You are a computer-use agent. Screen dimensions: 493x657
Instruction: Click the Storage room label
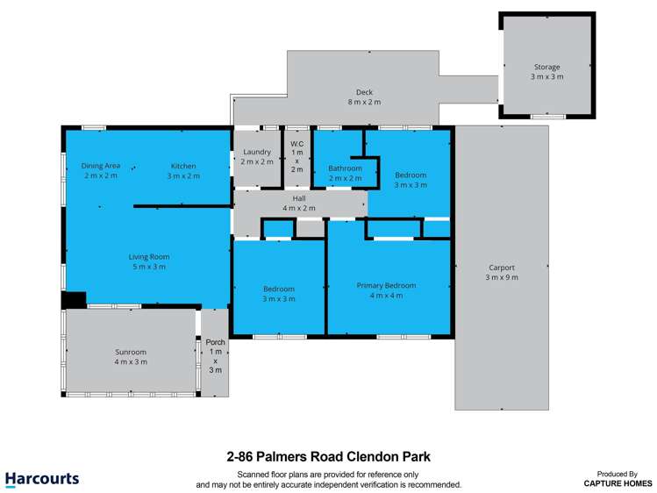[x=546, y=68]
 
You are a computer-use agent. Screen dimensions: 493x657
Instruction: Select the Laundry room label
[x=256, y=152]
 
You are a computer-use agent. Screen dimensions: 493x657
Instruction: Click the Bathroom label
[x=345, y=168]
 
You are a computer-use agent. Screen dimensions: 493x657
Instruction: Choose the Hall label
[x=299, y=198]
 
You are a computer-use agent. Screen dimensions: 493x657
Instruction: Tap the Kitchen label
[x=183, y=166]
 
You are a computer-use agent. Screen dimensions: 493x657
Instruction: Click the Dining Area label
[x=101, y=166]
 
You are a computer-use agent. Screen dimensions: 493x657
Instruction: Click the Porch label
[x=215, y=342]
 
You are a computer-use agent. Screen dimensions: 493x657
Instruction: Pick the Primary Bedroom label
[x=386, y=285]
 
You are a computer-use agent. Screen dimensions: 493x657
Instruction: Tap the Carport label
[x=502, y=268]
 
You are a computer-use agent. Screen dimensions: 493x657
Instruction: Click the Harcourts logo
[x=41, y=479]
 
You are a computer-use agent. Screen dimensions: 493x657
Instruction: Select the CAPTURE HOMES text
[x=618, y=483]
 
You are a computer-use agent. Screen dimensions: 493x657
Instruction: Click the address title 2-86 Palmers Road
[x=328, y=456]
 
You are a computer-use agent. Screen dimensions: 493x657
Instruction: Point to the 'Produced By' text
[x=618, y=473]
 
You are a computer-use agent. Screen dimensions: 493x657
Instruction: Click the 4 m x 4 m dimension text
[x=386, y=296]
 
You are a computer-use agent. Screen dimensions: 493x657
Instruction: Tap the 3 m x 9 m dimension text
[x=502, y=277]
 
